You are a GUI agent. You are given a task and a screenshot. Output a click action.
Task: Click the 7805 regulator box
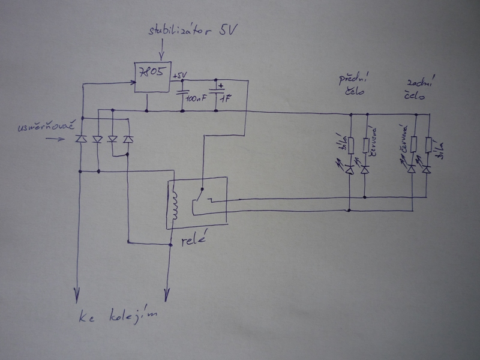152,77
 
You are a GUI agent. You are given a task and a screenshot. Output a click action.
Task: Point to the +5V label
180,74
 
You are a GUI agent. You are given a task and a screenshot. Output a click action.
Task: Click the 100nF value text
196,97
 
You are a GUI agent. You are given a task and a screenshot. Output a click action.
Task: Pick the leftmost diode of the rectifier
80,139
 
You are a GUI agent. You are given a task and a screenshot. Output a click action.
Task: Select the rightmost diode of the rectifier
127,139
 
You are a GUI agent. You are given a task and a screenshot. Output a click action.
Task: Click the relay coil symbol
175,204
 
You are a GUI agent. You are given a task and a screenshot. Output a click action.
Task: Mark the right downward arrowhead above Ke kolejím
166,295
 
